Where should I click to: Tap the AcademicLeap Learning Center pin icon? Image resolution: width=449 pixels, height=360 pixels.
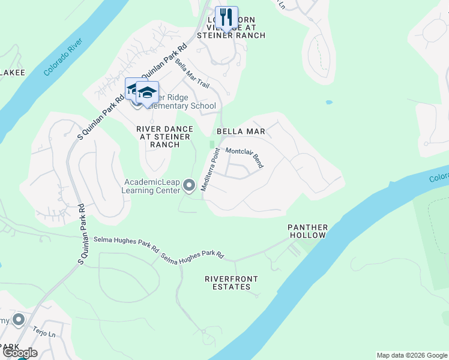[x=189, y=186]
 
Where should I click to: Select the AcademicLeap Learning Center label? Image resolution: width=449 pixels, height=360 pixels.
[x=152, y=186]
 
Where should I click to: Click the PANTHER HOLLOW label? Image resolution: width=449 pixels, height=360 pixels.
[x=307, y=232]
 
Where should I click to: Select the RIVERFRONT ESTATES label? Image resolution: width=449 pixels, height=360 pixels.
[x=231, y=283]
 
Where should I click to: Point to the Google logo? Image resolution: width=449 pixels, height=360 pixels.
[x=20, y=353]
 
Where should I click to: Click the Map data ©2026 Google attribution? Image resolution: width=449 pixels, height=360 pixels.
[x=412, y=355]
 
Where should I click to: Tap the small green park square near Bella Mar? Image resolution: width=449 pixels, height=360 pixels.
[x=211, y=144]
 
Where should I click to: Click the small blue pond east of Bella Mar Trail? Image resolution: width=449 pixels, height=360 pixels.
[x=329, y=102]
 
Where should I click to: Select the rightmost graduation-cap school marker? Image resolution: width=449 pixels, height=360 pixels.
[x=147, y=92]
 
